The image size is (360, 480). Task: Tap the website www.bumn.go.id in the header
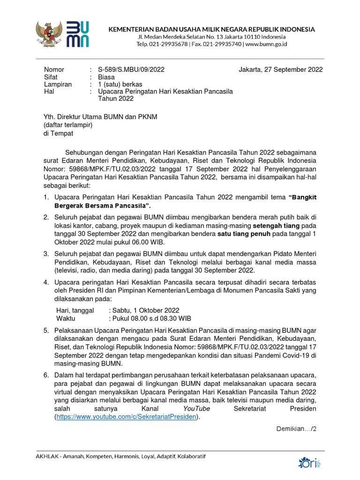click(x=266, y=44)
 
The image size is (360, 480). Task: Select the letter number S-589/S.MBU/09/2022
click(x=132, y=70)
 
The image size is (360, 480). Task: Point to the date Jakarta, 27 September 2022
click(x=280, y=70)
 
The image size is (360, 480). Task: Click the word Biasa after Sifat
click(x=107, y=77)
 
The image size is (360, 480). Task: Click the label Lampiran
click(x=58, y=84)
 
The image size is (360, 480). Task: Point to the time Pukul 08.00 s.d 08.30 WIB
click(x=151, y=318)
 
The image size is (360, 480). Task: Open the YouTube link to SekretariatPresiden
click(x=125, y=416)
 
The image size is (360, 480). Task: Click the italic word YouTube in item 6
click(x=196, y=409)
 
